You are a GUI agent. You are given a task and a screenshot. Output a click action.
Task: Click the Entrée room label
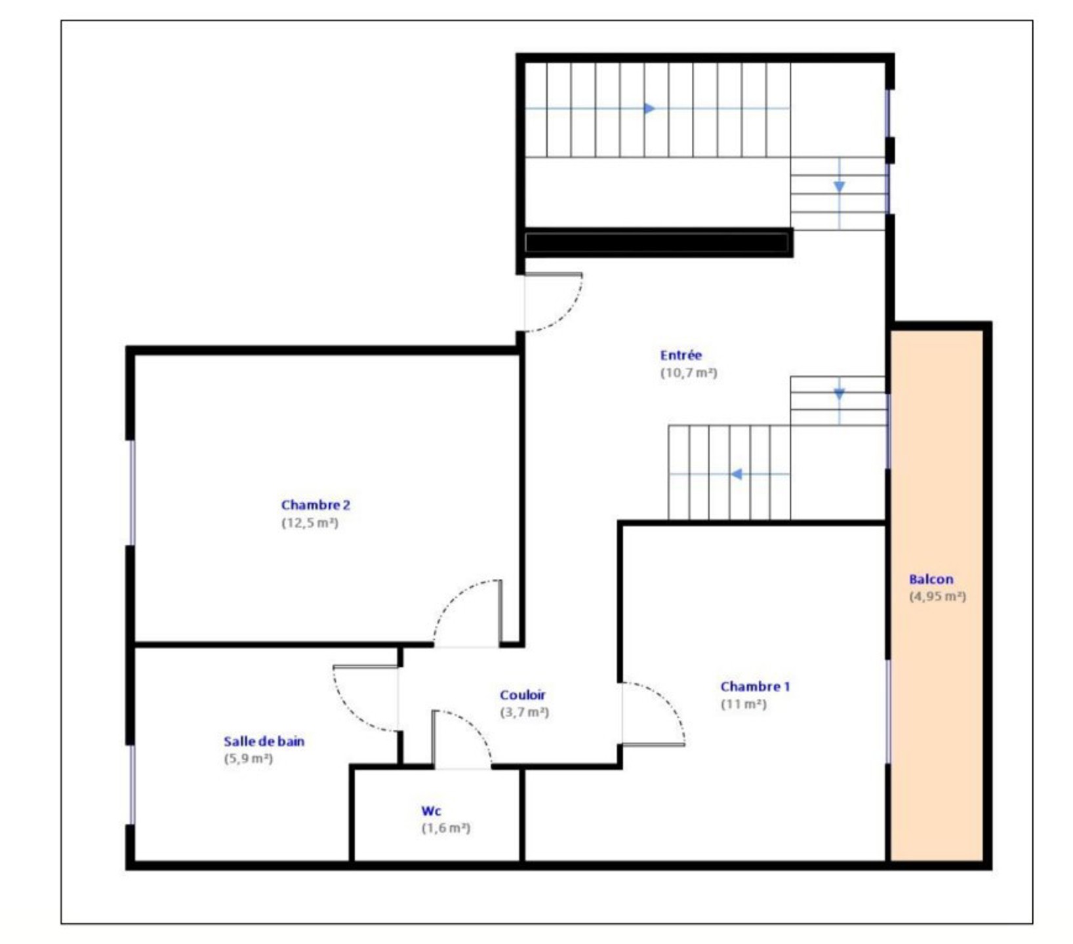(x=681, y=355)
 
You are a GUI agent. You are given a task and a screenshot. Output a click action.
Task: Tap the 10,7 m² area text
(x=689, y=373)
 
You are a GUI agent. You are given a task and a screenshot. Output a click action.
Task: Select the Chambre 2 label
(x=315, y=505)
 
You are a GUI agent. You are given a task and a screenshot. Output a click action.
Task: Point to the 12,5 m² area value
(x=310, y=522)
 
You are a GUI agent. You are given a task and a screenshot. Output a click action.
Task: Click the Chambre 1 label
(x=755, y=686)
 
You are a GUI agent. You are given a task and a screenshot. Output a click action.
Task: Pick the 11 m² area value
(x=743, y=704)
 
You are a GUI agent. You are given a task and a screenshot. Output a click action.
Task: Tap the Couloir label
(x=522, y=695)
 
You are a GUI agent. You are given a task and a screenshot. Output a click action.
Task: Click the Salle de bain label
(x=264, y=741)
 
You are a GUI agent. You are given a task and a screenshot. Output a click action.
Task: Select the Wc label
(x=431, y=811)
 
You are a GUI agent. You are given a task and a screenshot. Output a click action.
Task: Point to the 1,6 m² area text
(x=446, y=828)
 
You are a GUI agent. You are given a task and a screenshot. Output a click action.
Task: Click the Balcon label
(x=931, y=580)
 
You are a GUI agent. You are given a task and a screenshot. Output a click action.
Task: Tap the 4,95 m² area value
(x=937, y=597)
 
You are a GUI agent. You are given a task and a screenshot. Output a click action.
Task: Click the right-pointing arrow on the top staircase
(x=650, y=108)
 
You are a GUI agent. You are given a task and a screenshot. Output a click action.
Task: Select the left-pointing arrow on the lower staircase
(x=737, y=474)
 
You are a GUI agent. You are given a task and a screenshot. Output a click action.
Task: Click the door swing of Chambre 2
(x=453, y=600)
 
